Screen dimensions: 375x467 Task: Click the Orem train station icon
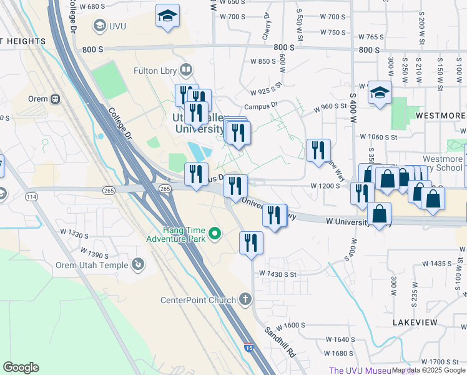point(55,99)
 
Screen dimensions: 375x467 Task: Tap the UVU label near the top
point(117,26)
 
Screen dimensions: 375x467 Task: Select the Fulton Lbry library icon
point(185,69)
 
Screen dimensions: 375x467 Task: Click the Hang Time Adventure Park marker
point(215,234)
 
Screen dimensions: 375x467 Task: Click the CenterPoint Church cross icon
point(245,299)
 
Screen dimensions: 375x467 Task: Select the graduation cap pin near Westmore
point(379,94)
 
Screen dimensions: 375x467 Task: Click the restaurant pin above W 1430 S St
point(251,242)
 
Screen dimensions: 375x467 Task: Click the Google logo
point(21,367)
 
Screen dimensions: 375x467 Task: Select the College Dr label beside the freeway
point(121,123)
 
